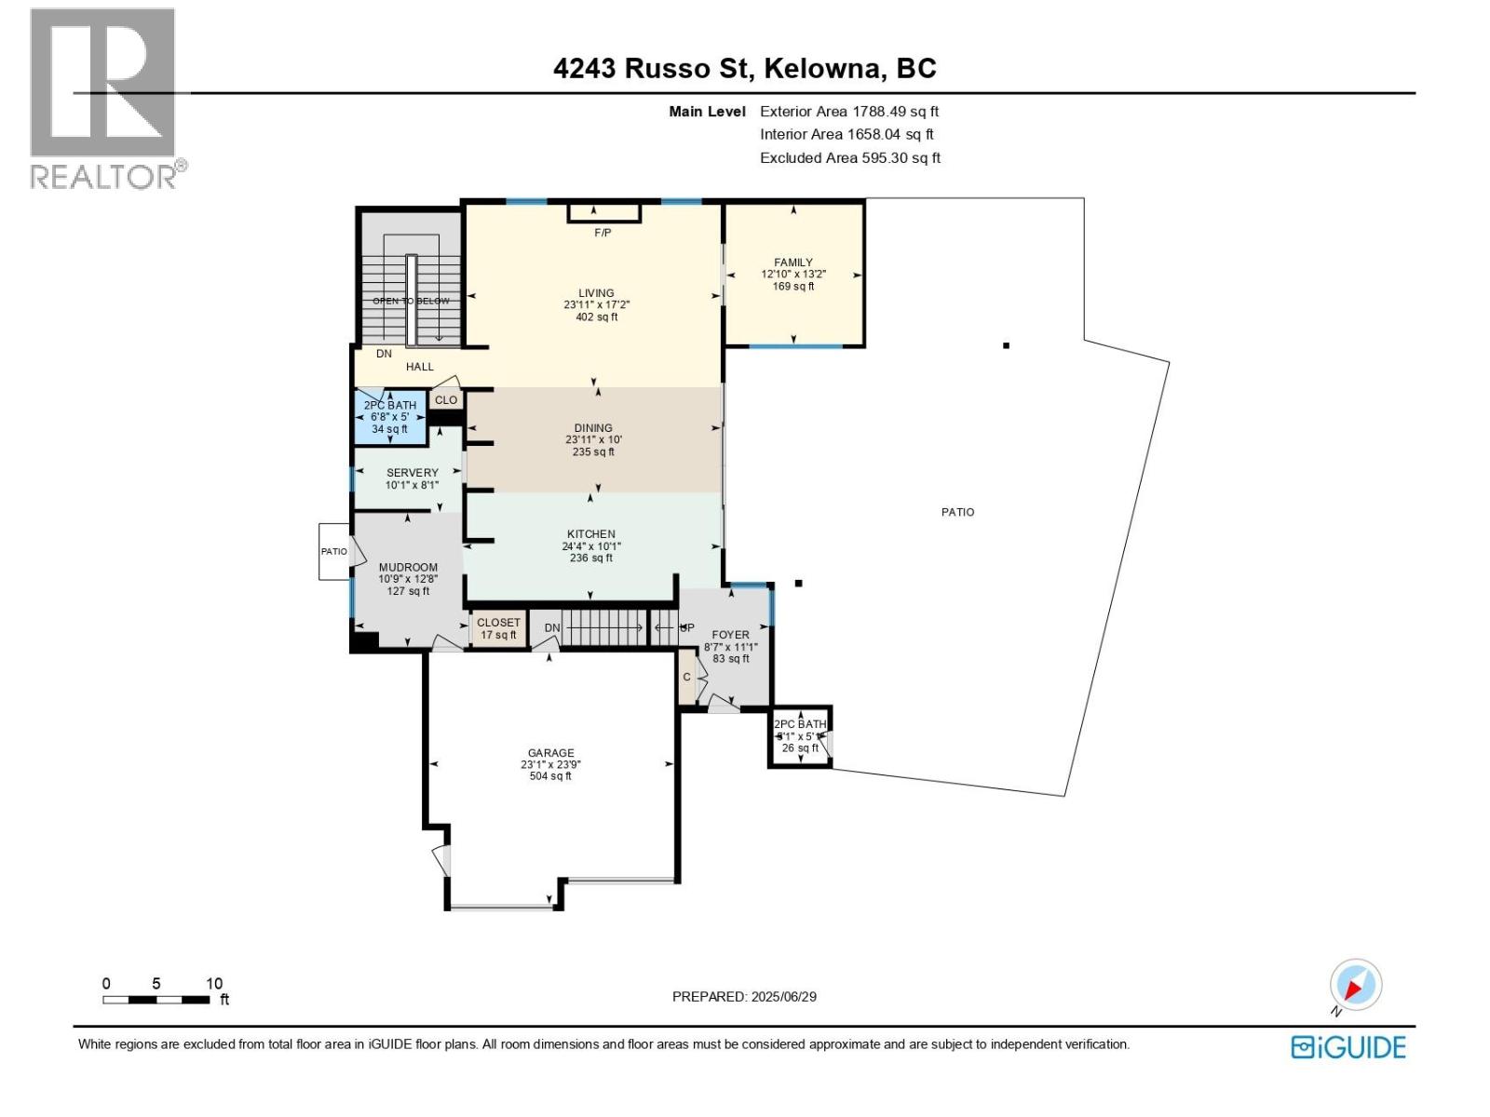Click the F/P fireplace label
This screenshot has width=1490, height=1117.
603,233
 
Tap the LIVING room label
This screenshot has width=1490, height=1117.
596,293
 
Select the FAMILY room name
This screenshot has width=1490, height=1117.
793,262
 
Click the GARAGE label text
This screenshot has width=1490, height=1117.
550,753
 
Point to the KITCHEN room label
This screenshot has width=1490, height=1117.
591,535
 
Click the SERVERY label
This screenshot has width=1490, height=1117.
412,473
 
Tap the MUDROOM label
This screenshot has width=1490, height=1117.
408,568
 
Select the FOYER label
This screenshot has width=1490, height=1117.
730,635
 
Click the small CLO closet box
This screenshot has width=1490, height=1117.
446,400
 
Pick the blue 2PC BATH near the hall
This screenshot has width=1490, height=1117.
390,417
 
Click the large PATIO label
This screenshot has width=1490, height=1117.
957,512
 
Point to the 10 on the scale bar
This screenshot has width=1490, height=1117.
214,984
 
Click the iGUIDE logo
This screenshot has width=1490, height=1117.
1348,1047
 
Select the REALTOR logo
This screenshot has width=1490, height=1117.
104,98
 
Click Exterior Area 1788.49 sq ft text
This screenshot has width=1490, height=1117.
849,112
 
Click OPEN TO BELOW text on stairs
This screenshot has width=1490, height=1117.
411,301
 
